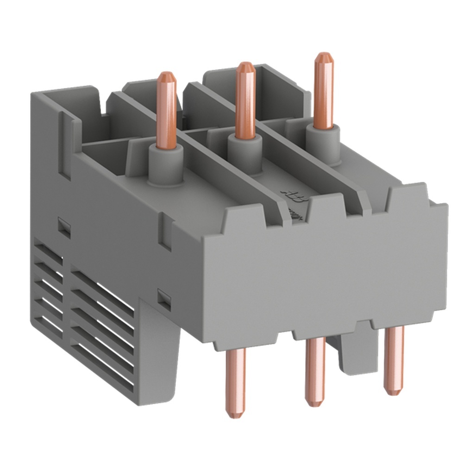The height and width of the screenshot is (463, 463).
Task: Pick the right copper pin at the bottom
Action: coord(394,357)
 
